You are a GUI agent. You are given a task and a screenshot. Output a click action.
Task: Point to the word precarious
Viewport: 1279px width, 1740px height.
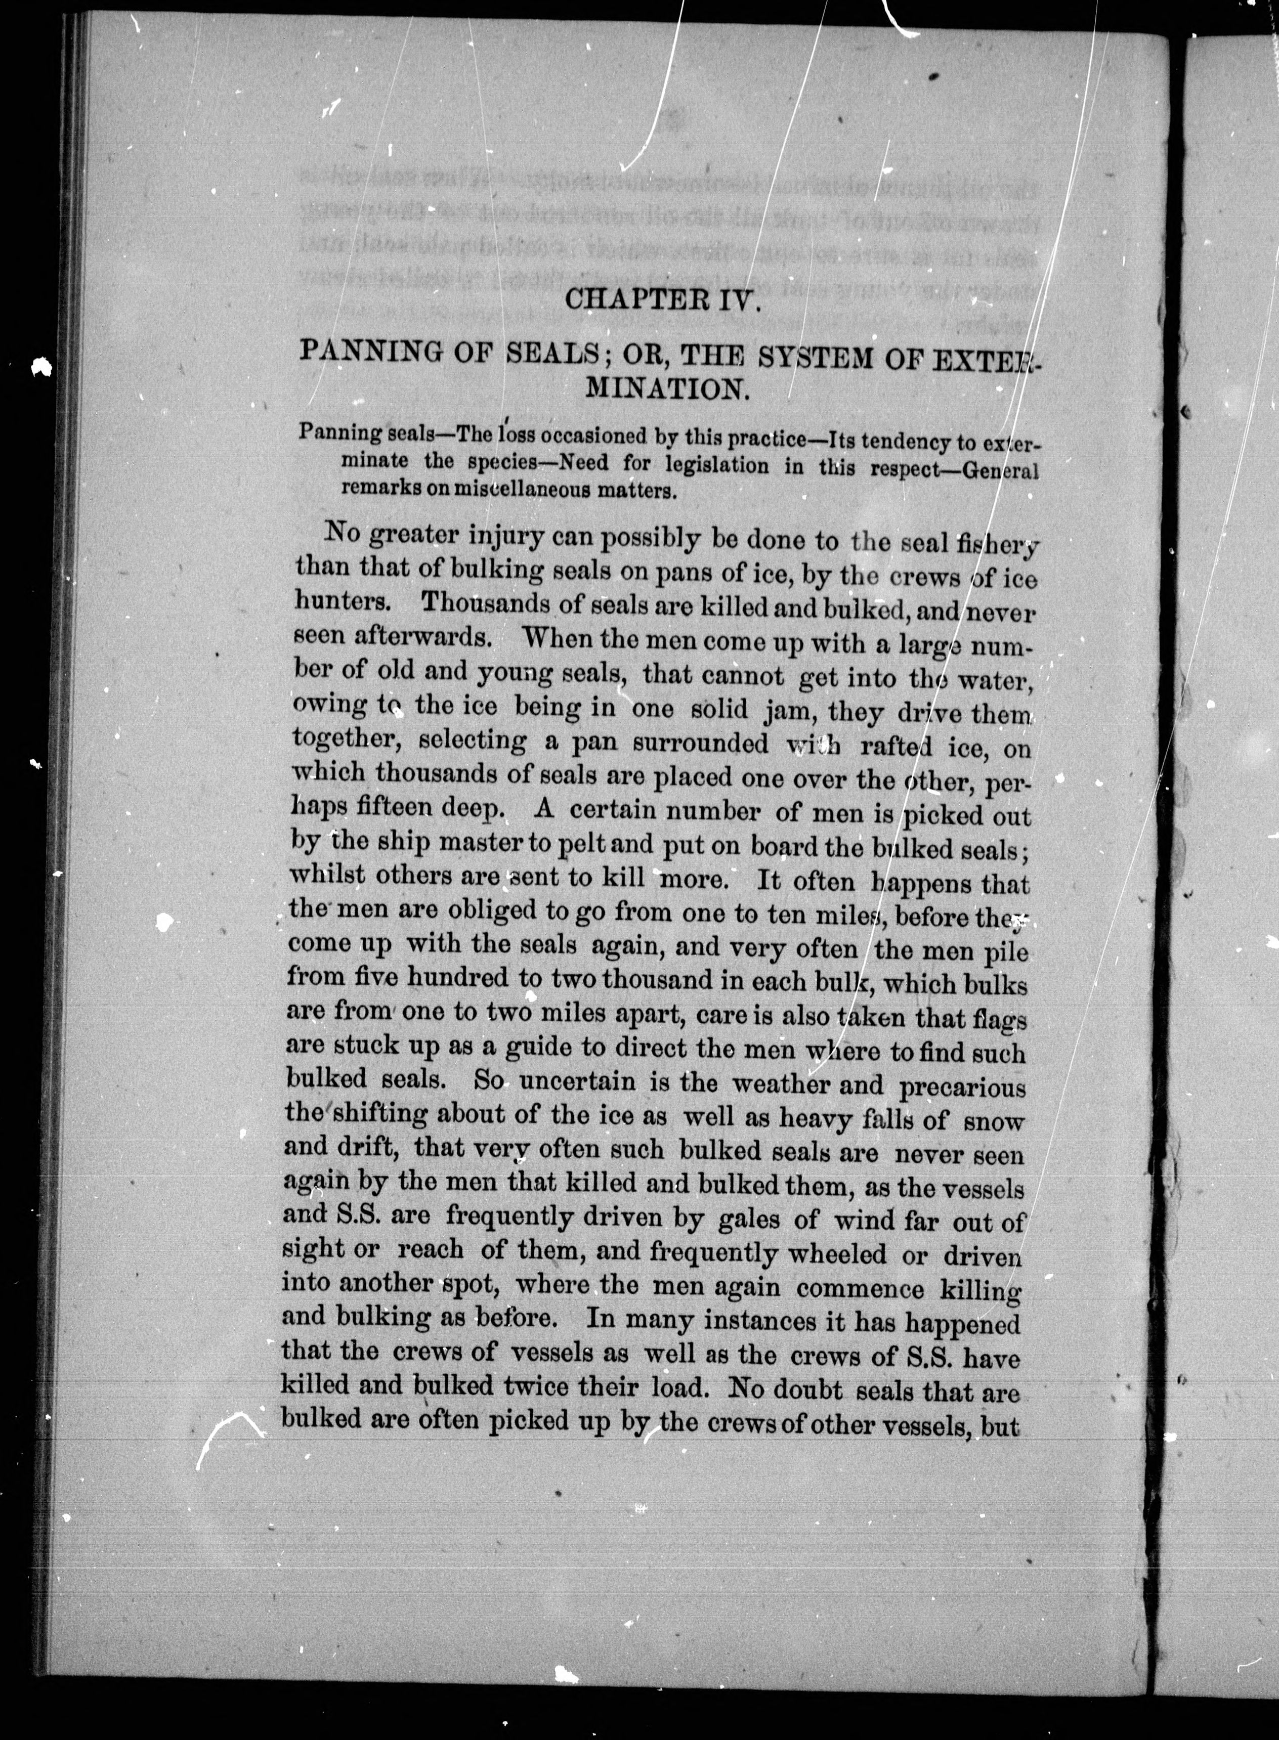point(962,1086)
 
